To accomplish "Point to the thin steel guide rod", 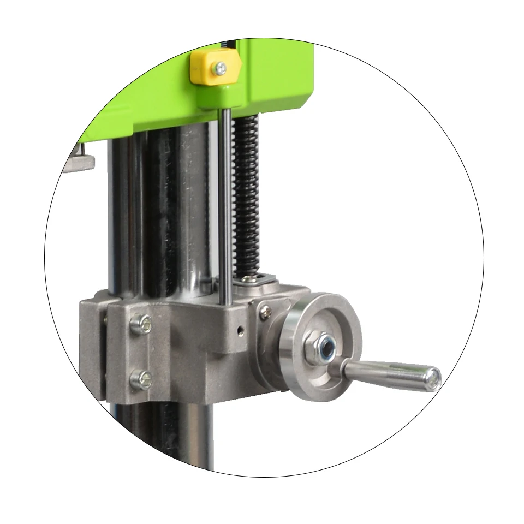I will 224,207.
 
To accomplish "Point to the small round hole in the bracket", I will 239,330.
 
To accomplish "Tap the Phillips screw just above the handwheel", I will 265,310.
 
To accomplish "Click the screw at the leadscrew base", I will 251,281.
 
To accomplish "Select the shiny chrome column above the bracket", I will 191,207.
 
